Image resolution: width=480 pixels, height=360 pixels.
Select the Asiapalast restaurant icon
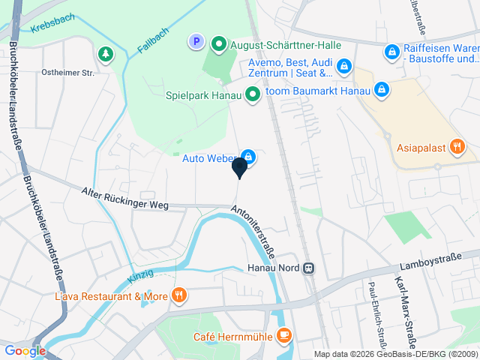click(x=457, y=147)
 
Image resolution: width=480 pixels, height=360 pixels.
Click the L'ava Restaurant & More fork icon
click(x=178, y=295)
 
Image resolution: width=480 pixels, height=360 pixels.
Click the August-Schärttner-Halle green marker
click(x=219, y=44)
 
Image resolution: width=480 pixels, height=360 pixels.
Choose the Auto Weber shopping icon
click(x=248, y=157)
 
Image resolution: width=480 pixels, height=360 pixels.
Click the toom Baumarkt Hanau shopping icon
click(x=382, y=90)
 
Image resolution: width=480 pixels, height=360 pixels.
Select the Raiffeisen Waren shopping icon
click(x=391, y=51)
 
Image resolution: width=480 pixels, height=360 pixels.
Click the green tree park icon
click(x=106, y=54)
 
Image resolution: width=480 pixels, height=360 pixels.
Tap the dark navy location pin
click(x=239, y=168)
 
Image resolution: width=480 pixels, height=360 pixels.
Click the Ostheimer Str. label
click(x=68, y=73)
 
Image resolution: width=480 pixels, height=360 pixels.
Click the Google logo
click(x=25, y=350)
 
